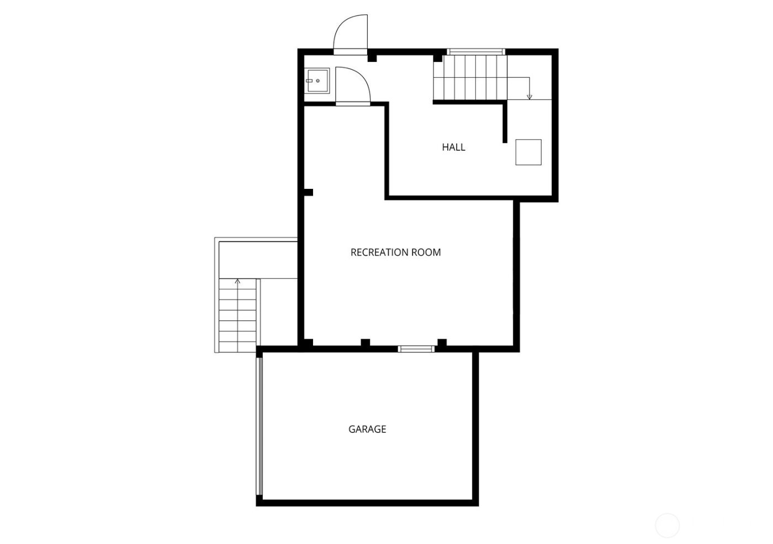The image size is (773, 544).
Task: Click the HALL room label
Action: coord(453,147)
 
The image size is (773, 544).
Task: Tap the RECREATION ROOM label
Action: coord(395,252)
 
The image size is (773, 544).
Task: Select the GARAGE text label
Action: coord(367,429)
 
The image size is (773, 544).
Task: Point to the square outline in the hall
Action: coord(528,152)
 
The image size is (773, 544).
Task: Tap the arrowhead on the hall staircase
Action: coord(530,98)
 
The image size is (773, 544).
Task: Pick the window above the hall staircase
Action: coord(476,52)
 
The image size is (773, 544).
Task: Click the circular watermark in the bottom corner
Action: coord(667,525)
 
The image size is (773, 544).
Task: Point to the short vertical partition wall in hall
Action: coord(505,123)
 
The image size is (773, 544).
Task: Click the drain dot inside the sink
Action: coord(318,81)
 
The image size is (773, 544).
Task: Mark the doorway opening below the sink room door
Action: coord(353,104)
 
